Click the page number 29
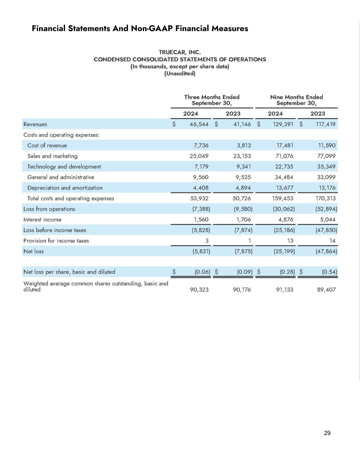(327, 433)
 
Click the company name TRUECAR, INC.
(180, 52)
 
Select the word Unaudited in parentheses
(180, 73)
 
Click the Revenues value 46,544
(199, 124)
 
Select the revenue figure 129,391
(283, 124)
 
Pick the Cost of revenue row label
(47, 145)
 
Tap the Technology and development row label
(64, 167)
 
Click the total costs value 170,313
(326, 198)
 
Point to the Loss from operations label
(49, 209)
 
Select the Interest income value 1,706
(243, 220)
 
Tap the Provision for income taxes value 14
(332, 241)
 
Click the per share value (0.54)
(329, 272)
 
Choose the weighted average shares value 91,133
(284, 290)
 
